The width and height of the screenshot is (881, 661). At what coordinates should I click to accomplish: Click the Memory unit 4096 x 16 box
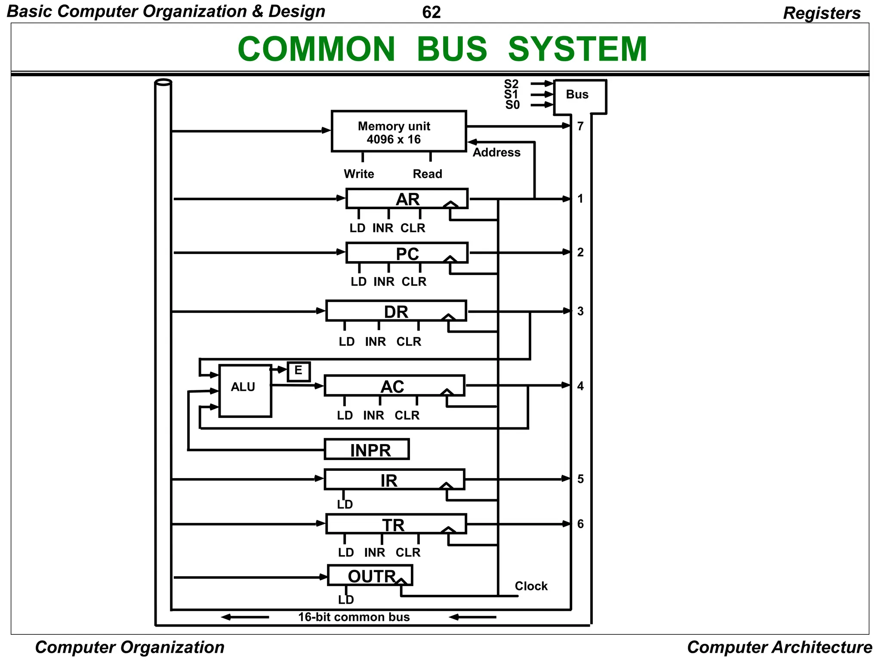click(398, 132)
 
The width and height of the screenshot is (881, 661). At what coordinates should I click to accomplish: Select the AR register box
click(407, 199)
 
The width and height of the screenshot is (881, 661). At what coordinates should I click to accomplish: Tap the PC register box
click(407, 253)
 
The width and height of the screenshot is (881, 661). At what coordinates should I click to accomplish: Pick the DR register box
click(396, 311)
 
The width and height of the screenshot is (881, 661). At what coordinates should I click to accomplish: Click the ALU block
click(245, 391)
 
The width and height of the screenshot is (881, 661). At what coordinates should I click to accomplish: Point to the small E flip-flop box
click(299, 371)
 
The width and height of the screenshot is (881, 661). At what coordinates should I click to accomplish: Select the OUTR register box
click(370, 576)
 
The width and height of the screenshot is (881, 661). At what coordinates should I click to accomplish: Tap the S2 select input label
click(511, 84)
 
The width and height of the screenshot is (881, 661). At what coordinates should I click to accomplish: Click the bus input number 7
click(580, 126)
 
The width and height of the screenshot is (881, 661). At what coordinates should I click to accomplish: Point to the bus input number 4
click(580, 386)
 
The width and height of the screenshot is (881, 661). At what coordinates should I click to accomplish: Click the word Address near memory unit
click(496, 152)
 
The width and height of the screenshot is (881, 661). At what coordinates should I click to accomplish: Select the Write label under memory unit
click(359, 174)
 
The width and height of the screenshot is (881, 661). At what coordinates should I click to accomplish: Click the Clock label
click(531, 586)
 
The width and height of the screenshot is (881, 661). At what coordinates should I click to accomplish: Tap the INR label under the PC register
click(384, 281)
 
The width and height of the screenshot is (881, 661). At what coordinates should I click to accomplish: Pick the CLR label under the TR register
click(408, 552)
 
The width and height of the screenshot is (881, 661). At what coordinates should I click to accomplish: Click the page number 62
click(431, 12)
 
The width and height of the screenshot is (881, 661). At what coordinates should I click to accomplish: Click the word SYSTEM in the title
click(577, 49)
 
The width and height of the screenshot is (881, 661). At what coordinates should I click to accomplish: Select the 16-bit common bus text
click(354, 617)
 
